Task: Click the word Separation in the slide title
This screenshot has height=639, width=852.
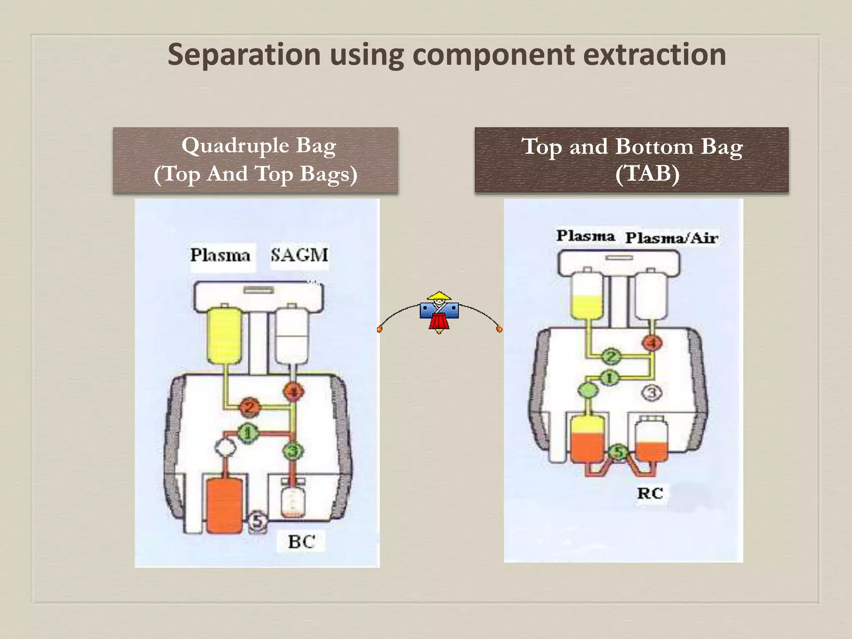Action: pos(244,55)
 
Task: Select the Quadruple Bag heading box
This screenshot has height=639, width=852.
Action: pos(255,160)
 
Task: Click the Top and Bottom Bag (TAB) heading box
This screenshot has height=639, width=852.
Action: pos(631,160)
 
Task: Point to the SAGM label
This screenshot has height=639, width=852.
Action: pos(300,255)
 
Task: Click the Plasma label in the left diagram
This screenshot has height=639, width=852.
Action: pos(220,255)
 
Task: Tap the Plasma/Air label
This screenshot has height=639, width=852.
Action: pos(671,238)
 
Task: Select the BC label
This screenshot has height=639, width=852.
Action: pos(301,542)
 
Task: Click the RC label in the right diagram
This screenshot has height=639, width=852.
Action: pos(650,493)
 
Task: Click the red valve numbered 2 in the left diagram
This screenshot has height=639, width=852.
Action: pos(250,407)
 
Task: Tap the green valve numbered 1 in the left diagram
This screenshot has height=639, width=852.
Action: pos(248,433)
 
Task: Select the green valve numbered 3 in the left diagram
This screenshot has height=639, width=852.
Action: pos(293,451)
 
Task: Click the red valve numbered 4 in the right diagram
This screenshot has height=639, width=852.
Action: pos(652,343)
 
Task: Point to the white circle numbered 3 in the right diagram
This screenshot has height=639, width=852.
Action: pos(652,393)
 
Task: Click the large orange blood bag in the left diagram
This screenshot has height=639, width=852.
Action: pos(224,505)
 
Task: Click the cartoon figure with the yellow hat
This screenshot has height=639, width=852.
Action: pos(439,312)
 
